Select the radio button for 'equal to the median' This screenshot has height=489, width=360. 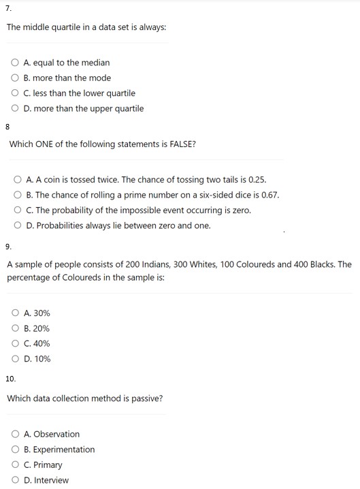tap(15, 63)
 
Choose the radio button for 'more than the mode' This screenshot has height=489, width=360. tap(15, 78)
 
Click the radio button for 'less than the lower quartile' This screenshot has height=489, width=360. tap(15, 93)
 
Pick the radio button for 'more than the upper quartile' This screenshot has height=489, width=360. tap(15, 108)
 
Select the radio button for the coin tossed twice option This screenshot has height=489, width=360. tap(18, 180)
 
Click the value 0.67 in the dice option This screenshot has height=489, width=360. tap(269, 195)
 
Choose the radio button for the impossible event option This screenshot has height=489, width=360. tap(18, 210)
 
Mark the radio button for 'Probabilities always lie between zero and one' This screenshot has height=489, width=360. tap(18, 225)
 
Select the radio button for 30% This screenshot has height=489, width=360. tap(15, 313)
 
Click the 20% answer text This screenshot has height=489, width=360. tap(41, 328)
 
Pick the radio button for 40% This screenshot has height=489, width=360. tap(15, 344)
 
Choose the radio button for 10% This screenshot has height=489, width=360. tap(15, 359)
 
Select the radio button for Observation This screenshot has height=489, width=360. tap(15, 435)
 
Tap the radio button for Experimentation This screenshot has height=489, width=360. tap(15, 449)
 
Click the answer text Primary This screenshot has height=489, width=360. tap(48, 465)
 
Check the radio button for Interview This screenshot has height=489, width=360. tap(15, 480)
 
